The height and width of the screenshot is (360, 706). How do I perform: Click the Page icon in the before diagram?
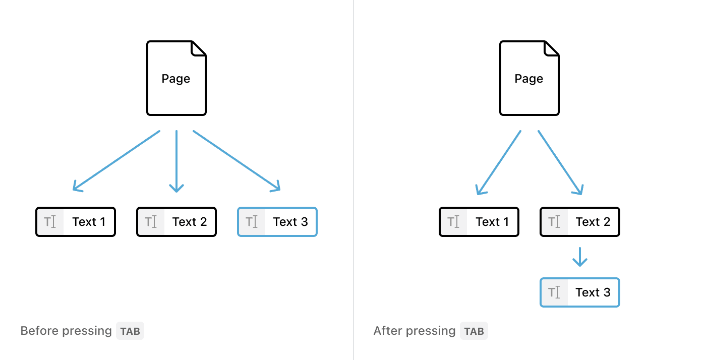(x=176, y=79)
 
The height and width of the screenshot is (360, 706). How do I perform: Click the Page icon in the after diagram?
(x=529, y=79)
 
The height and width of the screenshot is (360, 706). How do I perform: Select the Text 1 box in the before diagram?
(x=76, y=222)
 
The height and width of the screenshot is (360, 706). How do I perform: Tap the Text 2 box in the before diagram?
(x=177, y=222)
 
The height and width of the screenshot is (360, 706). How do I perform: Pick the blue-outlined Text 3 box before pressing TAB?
(x=277, y=222)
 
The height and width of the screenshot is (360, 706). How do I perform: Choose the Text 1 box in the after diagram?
(x=479, y=222)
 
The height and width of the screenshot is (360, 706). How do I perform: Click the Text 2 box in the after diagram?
(x=580, y=222)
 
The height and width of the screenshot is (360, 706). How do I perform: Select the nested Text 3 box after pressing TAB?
(x=580, y=292)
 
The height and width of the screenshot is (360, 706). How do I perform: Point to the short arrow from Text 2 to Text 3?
(x=580, y=257)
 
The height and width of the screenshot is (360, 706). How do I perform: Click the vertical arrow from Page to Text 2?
(x=177, y=161)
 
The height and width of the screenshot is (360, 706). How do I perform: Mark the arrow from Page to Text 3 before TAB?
(x=236, y=160)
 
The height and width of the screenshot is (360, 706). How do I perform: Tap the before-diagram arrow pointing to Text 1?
(x=117, y=160)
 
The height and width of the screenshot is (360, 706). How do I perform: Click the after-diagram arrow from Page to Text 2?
(x=560, y=162)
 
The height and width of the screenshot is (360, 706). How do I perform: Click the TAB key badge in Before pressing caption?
(x=130, y=331)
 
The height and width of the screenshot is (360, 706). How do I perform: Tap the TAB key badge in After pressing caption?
(x=474, y=331)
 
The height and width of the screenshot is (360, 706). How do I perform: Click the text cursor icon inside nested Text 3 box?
(x=554, y=292)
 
